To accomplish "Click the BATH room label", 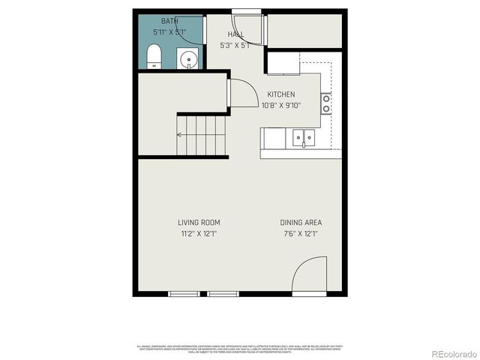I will click(170, 22).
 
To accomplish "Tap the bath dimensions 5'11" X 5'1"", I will click(170, 32).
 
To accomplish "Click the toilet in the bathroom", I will click(154, 55).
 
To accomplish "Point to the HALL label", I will click(235, 34).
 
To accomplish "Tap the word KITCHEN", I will click(280, 94).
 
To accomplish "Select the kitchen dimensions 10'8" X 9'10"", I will click(280, 105).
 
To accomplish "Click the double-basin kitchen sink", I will click(304, 136).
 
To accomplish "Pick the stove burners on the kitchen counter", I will click(327, 103).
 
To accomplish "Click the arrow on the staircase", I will click(180, 135).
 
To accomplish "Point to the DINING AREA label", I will click(301, 223).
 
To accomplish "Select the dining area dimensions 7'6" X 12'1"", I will click(301, 233).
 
